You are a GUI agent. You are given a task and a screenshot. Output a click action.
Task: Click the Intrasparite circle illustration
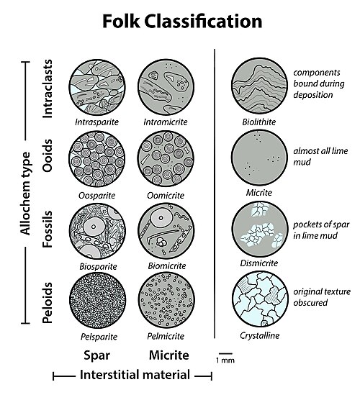click(97, 87)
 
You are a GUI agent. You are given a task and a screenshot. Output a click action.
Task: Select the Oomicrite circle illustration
click(166, 159)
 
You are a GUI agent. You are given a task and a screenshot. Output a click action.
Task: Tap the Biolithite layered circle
click(260, 86)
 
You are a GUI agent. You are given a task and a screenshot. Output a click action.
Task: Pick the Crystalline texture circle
click(260, 299)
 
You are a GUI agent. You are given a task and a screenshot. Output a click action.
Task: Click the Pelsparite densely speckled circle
click(98, 300)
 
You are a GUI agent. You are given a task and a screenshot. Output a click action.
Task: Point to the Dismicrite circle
click(260, 229)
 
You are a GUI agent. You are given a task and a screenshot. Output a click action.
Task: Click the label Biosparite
click(99, 266)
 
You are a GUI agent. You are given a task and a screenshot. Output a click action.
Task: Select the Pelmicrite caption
click(166, 336)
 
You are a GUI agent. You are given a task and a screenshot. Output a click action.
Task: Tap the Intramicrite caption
click(166, 122)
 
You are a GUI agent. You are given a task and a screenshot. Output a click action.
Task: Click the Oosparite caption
click(97, 196)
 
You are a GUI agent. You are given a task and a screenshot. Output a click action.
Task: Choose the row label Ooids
click(48, 155)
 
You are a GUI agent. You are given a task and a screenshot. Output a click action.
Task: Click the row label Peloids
click(48, 303)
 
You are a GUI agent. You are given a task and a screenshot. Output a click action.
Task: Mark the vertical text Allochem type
click(25, 194)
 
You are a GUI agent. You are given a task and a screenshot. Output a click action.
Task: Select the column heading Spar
click(96, 355)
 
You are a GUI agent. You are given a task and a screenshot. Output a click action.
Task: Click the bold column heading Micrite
click(169, 355)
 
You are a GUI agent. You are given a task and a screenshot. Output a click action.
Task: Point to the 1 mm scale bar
click(225, 354)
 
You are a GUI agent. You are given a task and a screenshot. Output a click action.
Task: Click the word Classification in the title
click(204, 22)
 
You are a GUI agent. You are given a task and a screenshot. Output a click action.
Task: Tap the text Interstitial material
click(135, 375)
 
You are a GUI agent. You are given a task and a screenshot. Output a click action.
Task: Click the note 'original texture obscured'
click(322, 297)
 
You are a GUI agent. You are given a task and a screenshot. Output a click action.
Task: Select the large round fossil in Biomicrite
click(161, 218)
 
